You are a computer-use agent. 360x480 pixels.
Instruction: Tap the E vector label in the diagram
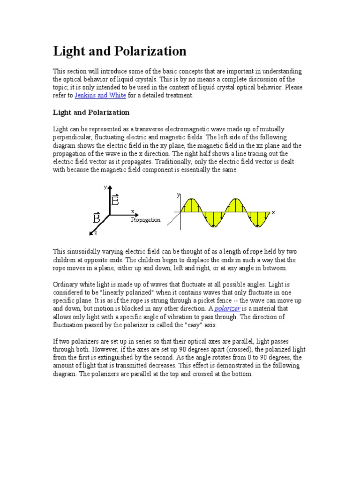coord(115,201)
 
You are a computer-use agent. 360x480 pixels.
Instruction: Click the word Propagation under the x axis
coord(145,219)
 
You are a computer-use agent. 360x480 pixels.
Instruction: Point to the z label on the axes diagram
coord(96,232)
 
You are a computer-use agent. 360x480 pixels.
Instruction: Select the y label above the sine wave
coord(178,194)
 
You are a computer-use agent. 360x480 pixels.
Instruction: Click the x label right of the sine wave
coord(273,212)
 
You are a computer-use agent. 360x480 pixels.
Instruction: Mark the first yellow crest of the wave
coord(191,205)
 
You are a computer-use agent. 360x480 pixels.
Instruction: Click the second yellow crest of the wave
coord(236,205)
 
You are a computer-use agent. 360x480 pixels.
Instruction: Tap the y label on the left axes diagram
coord(105,187)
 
